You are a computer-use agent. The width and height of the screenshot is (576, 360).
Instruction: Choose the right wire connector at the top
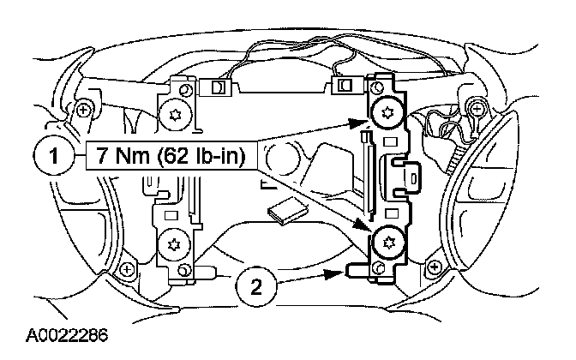tap(344, 85)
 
